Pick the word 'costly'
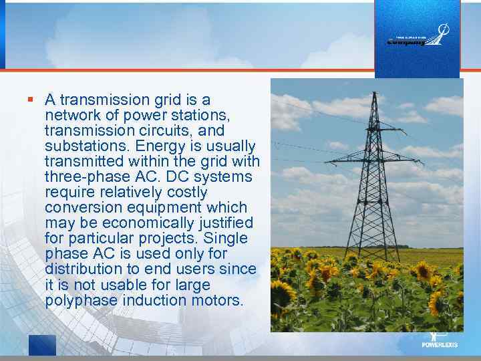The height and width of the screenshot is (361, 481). (185, 193)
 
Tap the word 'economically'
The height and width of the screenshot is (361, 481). (131, 223)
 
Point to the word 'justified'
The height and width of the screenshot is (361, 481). (222, 223)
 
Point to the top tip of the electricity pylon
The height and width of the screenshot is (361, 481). (375, 93)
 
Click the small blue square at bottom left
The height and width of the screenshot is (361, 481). (42, 345)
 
